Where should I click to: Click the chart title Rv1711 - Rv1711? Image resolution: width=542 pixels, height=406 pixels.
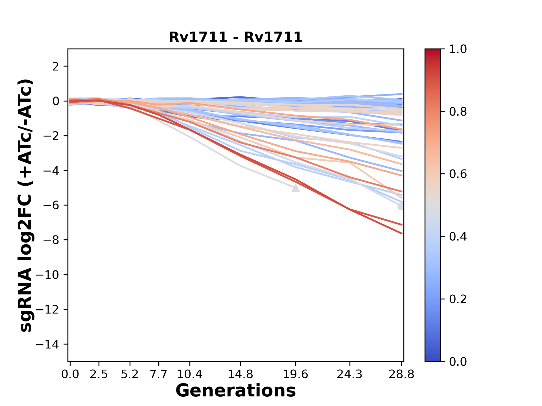(x=235, y=37)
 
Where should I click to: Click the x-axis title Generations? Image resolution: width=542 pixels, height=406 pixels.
(x=235, y=391)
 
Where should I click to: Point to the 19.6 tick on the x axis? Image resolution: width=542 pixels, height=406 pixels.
(x=296, y=374)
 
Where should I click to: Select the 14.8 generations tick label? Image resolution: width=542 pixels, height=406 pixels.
(x=240, y=374)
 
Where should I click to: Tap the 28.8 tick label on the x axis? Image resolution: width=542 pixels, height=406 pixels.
(x=401, y=374)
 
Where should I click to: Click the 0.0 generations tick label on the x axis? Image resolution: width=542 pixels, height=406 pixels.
(x=70, y=374)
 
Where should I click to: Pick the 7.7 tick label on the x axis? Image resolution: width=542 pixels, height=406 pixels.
(x=159, y=374)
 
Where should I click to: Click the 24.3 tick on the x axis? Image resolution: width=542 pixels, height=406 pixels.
(x=350, y=374)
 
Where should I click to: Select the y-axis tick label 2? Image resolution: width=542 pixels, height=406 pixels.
(x=56, y=67)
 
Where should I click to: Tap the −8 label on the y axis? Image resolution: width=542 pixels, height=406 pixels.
(x=51, y=240)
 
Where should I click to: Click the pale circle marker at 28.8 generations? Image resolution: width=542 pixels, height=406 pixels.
(x=401, y=206)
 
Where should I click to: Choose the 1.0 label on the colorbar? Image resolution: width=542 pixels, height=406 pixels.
(x=458, y=49)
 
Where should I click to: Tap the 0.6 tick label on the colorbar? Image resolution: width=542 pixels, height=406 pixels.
(x=458, y=174)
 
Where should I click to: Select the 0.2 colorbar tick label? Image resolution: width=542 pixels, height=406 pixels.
(x=458, y=299)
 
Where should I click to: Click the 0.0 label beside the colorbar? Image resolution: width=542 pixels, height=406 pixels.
(x=458, y=361)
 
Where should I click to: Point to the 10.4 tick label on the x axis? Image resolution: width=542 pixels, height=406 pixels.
(x=190, y=374)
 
